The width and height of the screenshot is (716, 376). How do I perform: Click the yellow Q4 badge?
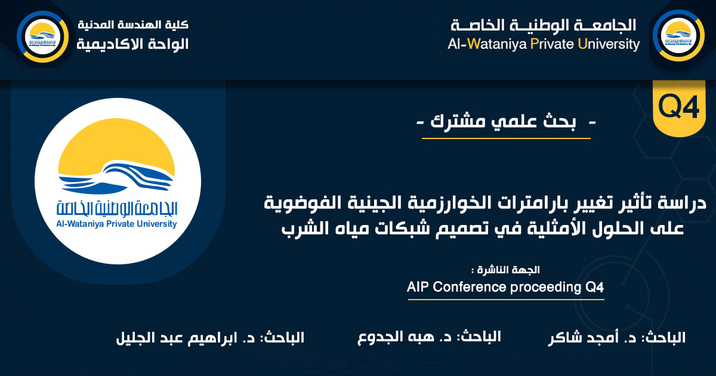pos(678,108)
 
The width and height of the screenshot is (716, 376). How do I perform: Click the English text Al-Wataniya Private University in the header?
pos(544,45)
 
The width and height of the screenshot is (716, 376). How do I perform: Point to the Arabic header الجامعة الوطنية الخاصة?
pos(544,25)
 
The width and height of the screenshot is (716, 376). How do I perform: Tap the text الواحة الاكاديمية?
pos(133,44)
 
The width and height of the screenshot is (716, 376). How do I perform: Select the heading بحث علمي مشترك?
pos(507,124)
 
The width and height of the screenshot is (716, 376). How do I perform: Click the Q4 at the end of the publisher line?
pos(592,287)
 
